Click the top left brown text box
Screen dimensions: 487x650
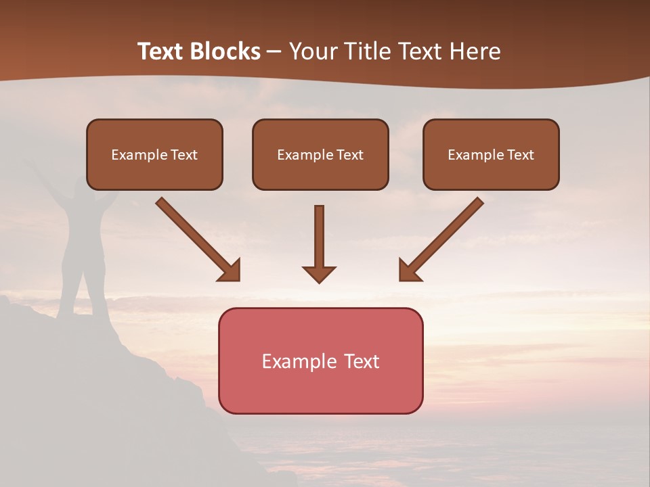coord(154,154)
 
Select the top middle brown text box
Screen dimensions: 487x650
coord(320,154)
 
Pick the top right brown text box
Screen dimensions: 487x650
coord(491,154)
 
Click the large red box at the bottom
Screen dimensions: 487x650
coord(320,361)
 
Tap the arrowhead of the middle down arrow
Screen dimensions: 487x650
coord(319,273)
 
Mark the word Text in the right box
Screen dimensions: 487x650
coord(520,155)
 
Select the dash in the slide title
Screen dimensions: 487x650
coord(274,51)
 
